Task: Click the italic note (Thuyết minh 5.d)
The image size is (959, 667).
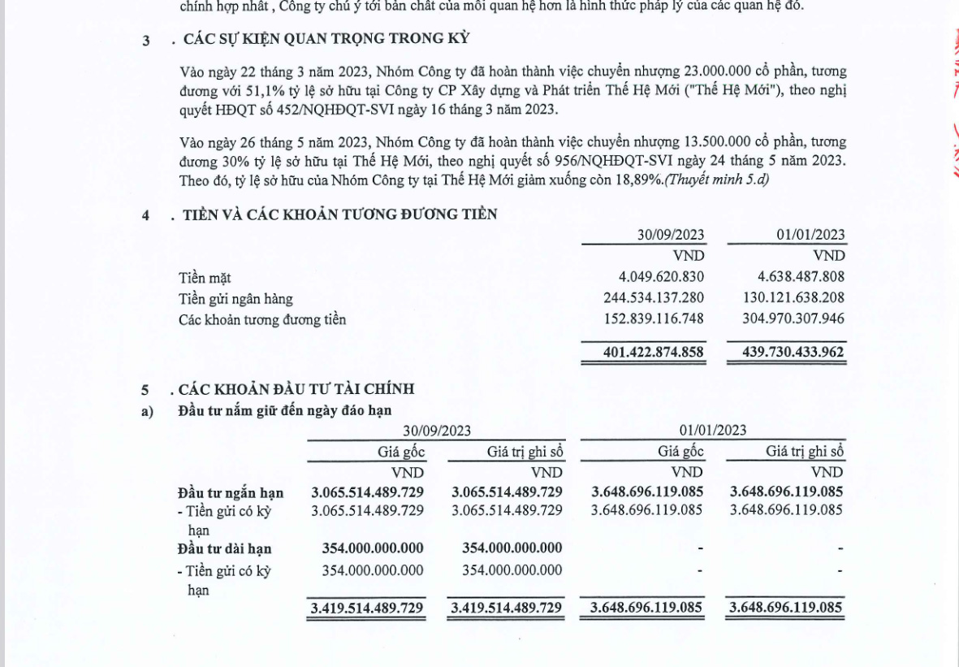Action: point(717,180)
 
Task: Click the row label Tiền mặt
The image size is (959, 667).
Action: point(205,278)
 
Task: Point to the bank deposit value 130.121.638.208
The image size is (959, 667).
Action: point(793,298)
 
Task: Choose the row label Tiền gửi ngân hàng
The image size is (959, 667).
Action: point(235,299)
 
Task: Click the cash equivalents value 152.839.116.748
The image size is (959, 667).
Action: point(654,319)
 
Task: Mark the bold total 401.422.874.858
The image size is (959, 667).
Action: point(654,353)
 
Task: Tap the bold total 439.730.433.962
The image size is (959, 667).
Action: point(793,353)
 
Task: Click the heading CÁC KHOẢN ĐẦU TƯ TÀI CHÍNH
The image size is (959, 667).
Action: point(296,391)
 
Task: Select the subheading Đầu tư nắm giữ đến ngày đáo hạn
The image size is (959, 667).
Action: point(284,410)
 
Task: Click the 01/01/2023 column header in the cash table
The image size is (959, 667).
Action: point(810,236)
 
